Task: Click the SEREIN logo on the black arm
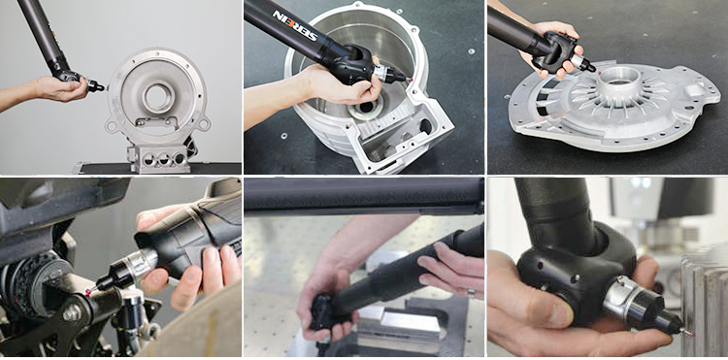(x=295, y=25)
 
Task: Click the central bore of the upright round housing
(x=158, y=97)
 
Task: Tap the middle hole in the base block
(x=164, y=159)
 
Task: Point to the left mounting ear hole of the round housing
(x=112, y=125)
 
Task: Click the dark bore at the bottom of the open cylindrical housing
(x=366, y=109)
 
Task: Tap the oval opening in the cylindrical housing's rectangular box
(x=426, y=125)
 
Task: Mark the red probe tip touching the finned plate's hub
(x=600, y=73)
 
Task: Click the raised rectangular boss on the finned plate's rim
(x=696, y=90)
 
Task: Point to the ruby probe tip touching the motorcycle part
(x=88, y=291)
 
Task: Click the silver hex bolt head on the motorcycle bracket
(x=72, y=314)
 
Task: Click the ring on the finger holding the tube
(x=471, y=293)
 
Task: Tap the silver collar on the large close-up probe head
(x=623, y=296)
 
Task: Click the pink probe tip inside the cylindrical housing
(x=410, y=80)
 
